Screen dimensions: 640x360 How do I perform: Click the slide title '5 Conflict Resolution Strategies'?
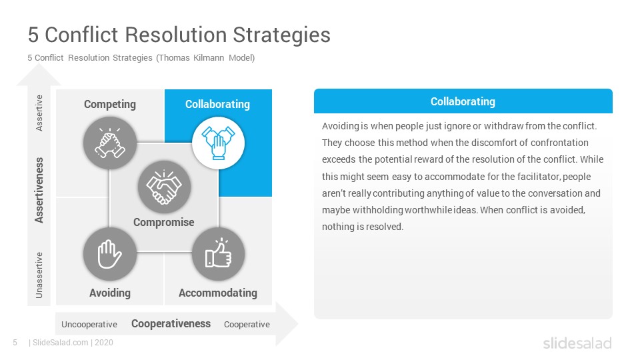179,35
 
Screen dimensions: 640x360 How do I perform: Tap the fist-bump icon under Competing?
110,143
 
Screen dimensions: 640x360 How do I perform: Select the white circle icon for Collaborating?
219,143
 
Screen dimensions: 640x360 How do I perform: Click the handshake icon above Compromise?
164,187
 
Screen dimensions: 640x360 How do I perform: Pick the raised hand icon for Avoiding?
110,254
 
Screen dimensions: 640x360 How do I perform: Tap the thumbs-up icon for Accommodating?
219,254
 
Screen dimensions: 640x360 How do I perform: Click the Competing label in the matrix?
110,105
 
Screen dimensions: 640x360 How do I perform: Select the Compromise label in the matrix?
164,223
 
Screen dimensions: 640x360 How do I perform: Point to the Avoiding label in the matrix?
110,293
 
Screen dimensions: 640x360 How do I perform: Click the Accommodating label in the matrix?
218,293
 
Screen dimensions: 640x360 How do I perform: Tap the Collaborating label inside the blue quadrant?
217,105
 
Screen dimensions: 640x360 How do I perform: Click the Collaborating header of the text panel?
463,101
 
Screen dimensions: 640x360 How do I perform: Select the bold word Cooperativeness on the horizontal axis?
171,324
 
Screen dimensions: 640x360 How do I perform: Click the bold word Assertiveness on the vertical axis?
39,190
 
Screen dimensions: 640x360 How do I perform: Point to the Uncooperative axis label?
89,325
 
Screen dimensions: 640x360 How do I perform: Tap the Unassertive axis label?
39,275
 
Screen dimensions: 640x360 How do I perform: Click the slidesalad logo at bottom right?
577,343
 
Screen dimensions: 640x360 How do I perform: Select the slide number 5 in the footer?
15,343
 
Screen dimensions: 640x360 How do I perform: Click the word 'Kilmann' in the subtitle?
209,58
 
